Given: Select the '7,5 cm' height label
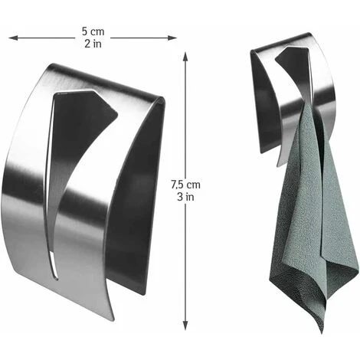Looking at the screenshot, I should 185,184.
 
